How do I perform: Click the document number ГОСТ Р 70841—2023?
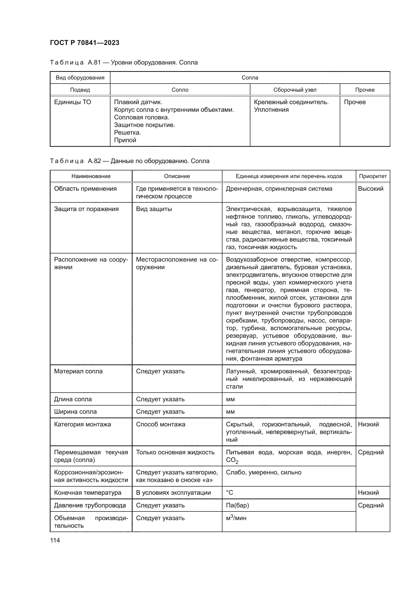click(85, 43)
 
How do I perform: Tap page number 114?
click(55, 540)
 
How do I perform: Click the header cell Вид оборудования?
click(80, 78)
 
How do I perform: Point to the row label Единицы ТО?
click(72, 102)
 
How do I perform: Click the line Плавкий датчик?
click(138, 102)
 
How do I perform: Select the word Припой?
click(125, 140)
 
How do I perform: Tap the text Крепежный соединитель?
click(291, 102)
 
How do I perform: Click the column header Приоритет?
click(373, 176)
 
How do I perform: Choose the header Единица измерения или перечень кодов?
click(289, 176)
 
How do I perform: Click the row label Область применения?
click(85, 189)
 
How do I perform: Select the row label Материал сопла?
click(78, 371)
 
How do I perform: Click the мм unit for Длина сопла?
click(230, 399)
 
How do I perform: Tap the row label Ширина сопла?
click(75, 412)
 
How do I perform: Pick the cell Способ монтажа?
click(160, 424)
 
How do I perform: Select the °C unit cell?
click(229, 493)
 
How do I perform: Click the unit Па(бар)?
click(237, 505)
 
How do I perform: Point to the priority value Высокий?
click(370, 189)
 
